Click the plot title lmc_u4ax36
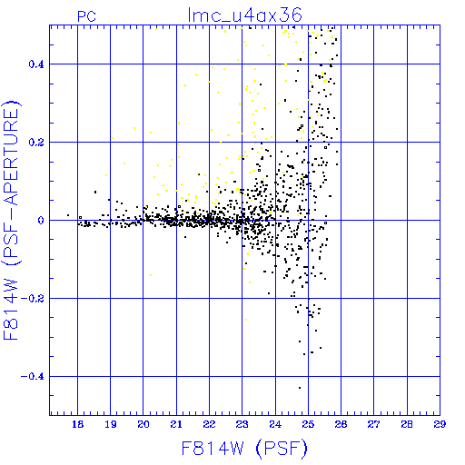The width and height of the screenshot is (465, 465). [x=244, y=15]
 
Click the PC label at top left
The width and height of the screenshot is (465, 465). [x=86, y=16]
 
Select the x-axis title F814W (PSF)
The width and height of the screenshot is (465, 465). [x=244, y=449]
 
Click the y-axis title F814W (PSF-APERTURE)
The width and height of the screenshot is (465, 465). [x=12, y=221]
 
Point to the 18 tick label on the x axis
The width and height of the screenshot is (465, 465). [x=78, y=424]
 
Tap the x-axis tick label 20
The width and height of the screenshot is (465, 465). [x=143, y=424]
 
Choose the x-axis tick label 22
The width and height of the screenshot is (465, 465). [x=209, y=424]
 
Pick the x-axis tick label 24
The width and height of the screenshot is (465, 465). [x=275, y=424]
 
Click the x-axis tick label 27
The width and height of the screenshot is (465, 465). [x=374, y=424]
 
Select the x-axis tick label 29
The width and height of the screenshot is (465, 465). [x=440, y=424]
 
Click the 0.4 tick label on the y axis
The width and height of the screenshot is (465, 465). [x=36, y=64]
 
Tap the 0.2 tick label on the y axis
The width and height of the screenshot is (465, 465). [x=36, y=143]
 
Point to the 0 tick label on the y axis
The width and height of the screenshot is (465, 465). [x=41, y=221]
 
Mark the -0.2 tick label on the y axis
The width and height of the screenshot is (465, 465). [x=33, y=299]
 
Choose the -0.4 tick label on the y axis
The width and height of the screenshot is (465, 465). [x=33, y=377]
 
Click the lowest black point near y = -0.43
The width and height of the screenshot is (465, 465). [x=300, y=388]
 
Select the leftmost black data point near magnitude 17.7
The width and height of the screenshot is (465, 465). [x=68, y=215]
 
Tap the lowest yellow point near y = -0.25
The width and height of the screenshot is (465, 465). [x=246, y=320]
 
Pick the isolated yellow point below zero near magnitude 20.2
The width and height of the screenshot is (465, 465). [x=151, y=275]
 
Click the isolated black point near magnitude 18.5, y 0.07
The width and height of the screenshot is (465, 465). [x=95, y=192]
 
